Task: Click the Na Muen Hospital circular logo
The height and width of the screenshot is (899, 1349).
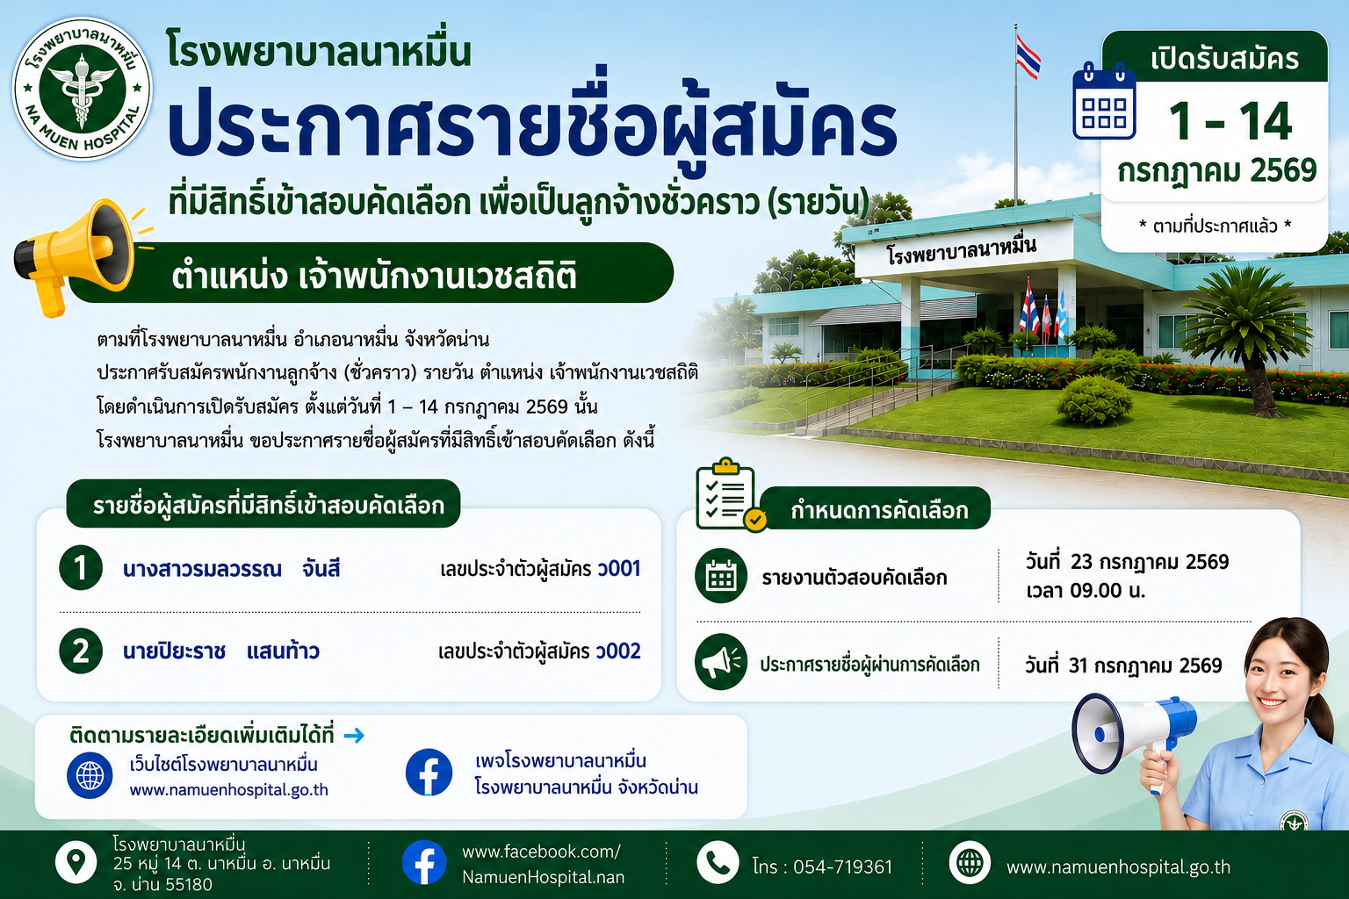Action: pyautogui.click(x=83, y=89)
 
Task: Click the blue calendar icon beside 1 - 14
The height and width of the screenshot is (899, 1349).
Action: pyautogui.click(x=1104, y=101)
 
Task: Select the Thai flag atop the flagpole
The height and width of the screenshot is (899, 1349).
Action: pyautogui.click(x=1028, y=56)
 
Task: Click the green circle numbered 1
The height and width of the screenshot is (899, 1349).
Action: pyautogui.click(x=81, y=567)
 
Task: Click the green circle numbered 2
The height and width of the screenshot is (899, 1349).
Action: pyautogui.click(x=81, y=651)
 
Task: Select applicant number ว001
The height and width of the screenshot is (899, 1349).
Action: pyautogui.click(x=618, y=568)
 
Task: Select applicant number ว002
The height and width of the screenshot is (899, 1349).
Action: pyautogui.click(x=618, y=651)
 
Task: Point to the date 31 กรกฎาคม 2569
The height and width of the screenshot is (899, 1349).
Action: pyautogui.click(x=1145, y=665)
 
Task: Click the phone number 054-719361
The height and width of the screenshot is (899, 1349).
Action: pyautogui.click(x=842, y=867)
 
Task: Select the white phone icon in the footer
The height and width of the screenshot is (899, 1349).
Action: pyautogui.click(x=718, y=863)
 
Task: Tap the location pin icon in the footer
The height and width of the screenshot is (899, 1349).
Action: pyautogui.click(x=76, y=863)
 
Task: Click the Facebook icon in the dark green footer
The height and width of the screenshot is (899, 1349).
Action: pyautogui.click(x=424, y=862)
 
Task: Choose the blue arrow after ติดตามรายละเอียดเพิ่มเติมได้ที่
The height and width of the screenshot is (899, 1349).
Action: pyautogui.click(x=354, y=735)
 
